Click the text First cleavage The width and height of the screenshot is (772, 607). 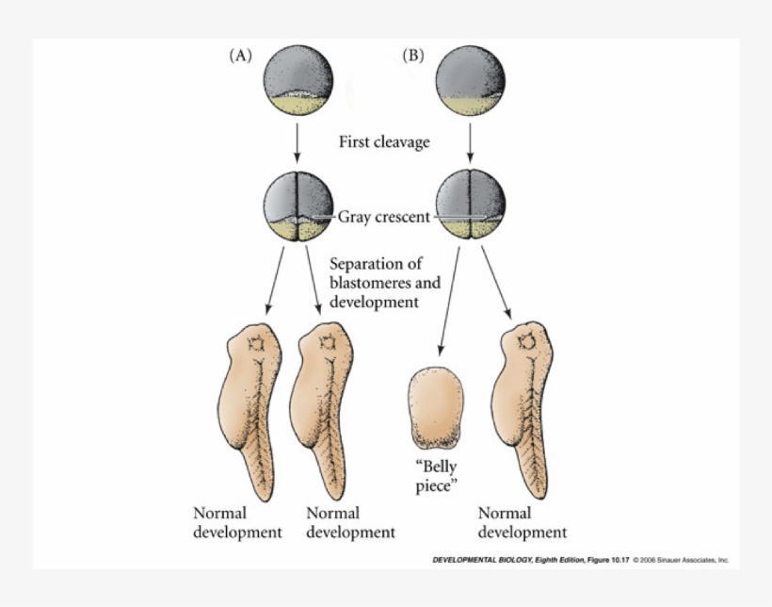pos(384,142)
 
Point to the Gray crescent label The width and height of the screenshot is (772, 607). pos(384,218)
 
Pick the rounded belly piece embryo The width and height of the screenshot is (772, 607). pos(438,406)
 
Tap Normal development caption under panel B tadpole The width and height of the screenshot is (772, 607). pos(522,523)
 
